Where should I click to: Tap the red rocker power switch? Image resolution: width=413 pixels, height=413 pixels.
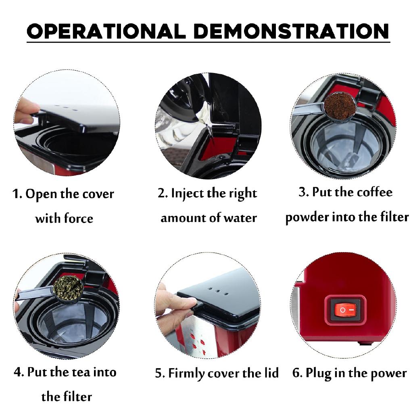click(x=345, y=310)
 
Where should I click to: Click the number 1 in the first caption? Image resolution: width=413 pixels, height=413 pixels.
click(x=16, y=194)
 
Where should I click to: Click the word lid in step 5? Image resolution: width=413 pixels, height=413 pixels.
click(x=271, y=373)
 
